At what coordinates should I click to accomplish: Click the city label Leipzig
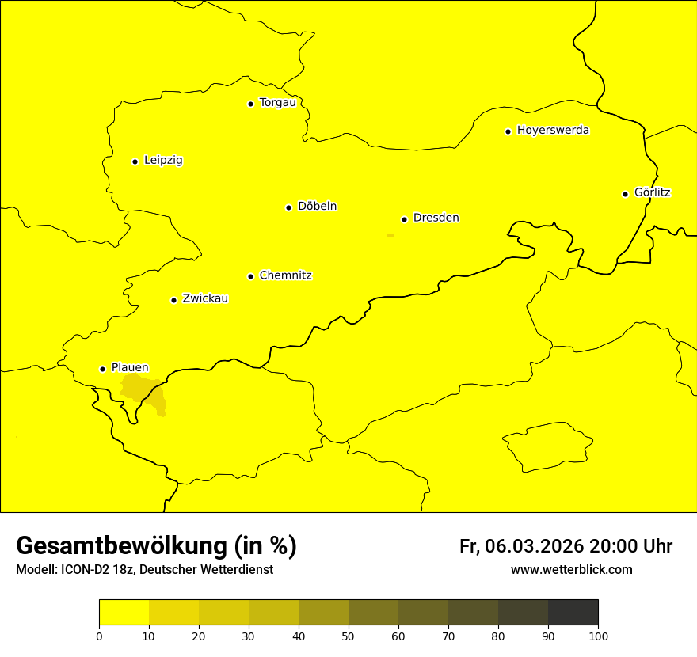[163, 161]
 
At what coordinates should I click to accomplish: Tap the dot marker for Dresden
[404, 219]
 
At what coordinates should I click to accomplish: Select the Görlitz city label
[652, 192]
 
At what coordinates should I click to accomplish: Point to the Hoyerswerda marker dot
[508, 131]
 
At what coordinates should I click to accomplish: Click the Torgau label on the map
[277, 103]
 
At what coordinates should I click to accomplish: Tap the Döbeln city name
[317, 207]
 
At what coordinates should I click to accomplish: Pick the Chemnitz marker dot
[250, 276]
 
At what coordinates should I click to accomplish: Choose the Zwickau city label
[205, 299]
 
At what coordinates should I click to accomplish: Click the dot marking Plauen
[102, 369]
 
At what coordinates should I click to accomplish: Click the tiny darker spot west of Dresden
[390, 235]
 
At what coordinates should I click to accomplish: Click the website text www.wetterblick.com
[571, 570]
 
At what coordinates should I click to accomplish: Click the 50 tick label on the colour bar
[348, 636]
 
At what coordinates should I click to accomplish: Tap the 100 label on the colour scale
[598, 636]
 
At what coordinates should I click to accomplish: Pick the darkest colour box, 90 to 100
[573, 613]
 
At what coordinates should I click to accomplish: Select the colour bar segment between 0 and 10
[124, 613]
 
